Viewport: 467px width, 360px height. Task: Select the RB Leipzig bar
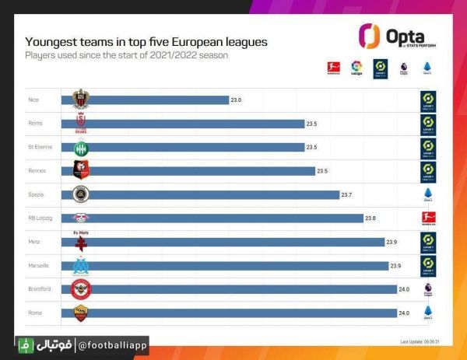pos(218,218)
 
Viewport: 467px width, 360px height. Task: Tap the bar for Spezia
pos(206,194)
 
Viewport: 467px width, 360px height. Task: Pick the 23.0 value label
pos(236,100)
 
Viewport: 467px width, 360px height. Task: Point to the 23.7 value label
pos(348,194)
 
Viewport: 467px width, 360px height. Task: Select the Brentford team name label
pos(38,289)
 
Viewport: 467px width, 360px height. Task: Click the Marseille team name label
pos(38,265)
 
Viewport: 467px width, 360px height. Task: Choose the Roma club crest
pos(80,313)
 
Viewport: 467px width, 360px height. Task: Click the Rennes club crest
pos(80,170)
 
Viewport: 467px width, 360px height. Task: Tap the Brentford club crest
pos(80,289)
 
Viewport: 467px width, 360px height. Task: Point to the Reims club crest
pos(80,123)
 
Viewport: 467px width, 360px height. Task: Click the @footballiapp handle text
pos(113,344)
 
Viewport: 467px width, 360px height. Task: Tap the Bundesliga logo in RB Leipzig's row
pos(427,218)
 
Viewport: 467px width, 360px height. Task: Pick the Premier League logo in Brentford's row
pos(427,289)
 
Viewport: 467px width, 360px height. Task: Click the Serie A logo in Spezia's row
pos(427,194)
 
